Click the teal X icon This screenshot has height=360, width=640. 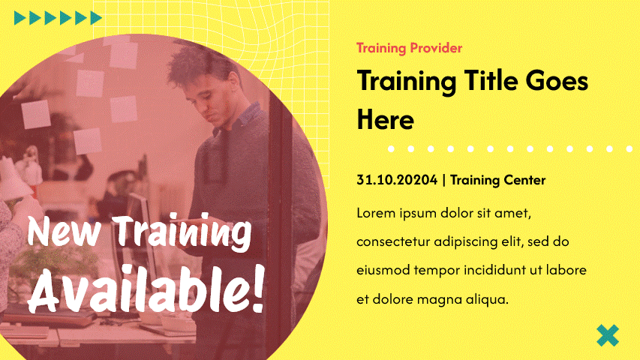point(607,335)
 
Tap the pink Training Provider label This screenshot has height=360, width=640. point(410,48)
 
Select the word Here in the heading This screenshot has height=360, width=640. point(386,119)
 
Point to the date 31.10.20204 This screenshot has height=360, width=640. point(397,179)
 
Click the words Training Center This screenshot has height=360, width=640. point(497,180)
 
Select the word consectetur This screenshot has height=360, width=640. point(393,241)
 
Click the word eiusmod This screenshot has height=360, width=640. point(383,270)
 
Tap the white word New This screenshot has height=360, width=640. point(64,230)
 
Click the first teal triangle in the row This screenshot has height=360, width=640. point(20,18)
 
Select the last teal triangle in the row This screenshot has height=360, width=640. point(96,18)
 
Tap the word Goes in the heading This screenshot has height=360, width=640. point(557,80)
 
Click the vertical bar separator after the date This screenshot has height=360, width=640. point(443,180)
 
